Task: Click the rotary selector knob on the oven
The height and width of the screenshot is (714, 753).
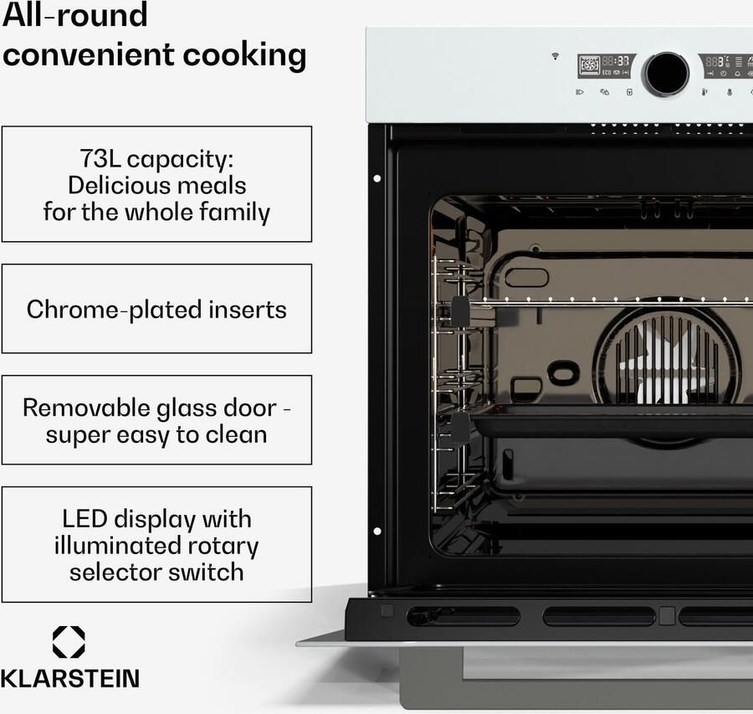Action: [x=666, y=74]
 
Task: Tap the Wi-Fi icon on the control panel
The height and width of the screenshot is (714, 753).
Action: [x=556, y=56]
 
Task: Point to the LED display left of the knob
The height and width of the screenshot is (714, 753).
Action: [x=606, y=66]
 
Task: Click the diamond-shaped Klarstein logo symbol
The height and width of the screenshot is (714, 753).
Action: [x=69, y=642]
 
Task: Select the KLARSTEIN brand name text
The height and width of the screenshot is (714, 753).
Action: [x=70, y=679]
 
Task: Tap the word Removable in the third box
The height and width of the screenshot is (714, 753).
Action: [x=86, y=408]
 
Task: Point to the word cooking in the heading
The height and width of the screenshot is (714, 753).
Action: [x=244, y=56]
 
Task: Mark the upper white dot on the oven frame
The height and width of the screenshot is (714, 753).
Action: [x=377, y=179]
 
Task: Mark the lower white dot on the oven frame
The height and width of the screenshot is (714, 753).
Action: [x=377, y=531]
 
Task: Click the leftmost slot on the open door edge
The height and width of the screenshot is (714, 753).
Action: [x=464, y=615]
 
